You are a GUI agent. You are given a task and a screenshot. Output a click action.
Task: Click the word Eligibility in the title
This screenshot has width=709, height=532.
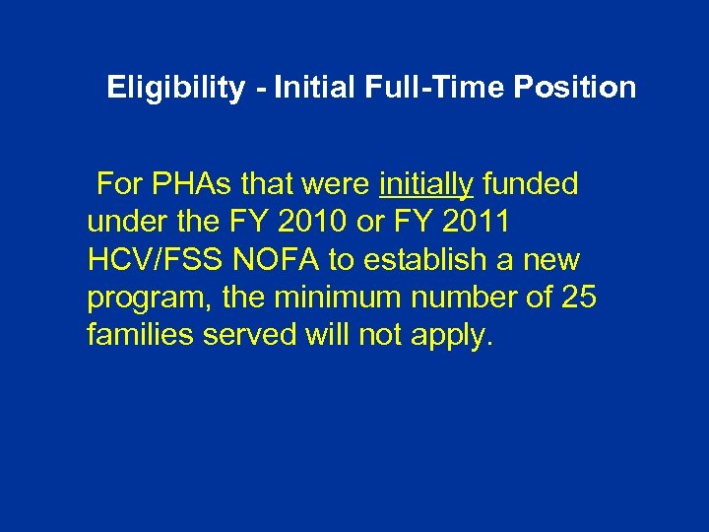pos(175,89)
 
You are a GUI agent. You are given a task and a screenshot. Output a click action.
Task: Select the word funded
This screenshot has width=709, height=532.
pos(531,184)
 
